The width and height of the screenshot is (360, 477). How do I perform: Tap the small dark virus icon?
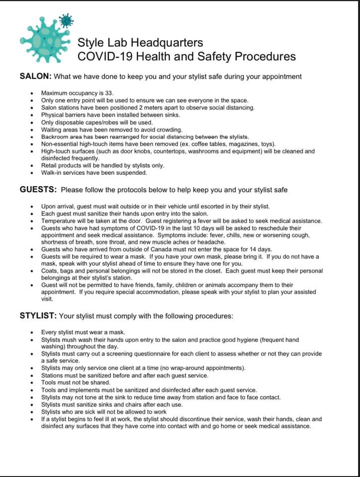66,20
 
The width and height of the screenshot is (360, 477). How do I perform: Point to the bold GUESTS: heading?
38,190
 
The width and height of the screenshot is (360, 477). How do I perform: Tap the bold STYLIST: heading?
38,316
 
